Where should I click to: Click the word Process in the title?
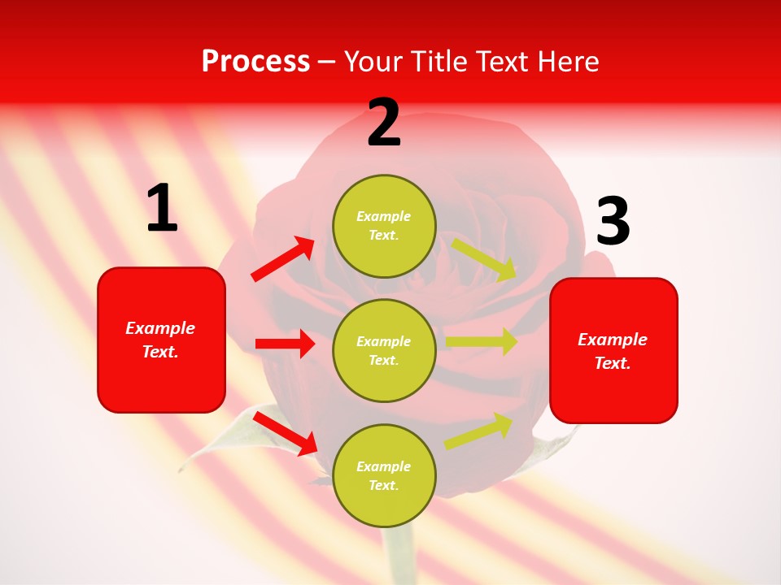point(255,62)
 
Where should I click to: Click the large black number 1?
point(162,209)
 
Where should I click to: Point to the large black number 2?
point(384,123)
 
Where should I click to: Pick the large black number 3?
point(613,222)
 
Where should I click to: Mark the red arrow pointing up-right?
point(284,259)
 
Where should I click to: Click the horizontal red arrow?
point(285,344)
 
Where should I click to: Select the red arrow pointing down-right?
point(286,433)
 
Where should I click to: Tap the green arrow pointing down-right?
point(485,259)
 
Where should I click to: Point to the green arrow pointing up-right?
point(479,431)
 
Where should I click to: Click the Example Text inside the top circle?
point(384,226)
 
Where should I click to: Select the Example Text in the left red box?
point(161,340)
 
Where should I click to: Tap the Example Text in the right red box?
point(613,351)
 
